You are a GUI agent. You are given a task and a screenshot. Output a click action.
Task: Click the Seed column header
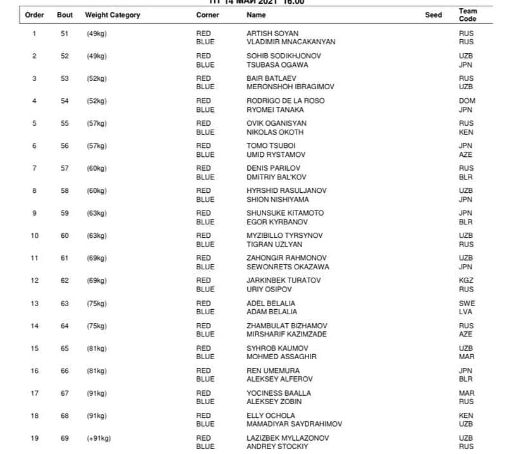click(x=433, y=15)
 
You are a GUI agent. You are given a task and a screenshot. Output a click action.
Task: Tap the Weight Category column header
click(x=113, y=15)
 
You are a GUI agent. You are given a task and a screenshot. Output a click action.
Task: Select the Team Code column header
click(x=468, y=15)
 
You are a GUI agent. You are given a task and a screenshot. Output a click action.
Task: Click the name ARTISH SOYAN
click(x=272, y=34)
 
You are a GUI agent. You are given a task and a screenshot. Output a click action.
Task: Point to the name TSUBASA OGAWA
click(x=277, y=64)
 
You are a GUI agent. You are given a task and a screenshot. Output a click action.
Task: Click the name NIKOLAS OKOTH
click(x=275, y=132)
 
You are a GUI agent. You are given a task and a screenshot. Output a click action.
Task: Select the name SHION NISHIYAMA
click(x=278, y=200)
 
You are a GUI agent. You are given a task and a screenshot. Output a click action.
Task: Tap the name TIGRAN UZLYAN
click(x=274, y=245)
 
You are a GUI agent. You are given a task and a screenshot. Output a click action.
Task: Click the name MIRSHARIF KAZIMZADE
click(x=286, y=334)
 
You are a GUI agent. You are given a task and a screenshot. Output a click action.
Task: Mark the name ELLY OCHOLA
click(x=271, y=416)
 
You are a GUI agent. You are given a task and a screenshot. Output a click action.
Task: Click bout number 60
click(x=64, y=236)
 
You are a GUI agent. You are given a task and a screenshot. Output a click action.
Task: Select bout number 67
click(x=64, y=393)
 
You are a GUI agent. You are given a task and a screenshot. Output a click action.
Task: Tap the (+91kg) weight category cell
click(x=99, y=438)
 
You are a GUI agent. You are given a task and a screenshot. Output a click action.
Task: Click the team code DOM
click(x=467, y=101)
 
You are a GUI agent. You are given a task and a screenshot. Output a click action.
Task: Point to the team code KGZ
click(x=467, y=281)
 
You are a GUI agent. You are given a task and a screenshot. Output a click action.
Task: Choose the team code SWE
click(x=467, y=304)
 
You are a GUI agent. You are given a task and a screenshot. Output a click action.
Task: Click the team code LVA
click(x=466, y=312)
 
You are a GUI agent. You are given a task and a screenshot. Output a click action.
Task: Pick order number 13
click(x=34, y=304)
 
